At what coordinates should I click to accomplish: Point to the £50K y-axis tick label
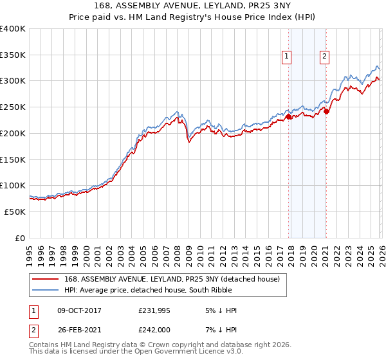pyautogui.click(x=15, y=212)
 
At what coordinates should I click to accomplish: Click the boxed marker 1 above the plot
pyautogui.click(x=287, y=57)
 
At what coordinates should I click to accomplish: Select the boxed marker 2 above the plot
pyautogui.click(x=325, y=57)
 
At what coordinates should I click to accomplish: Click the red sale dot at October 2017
pyautogui.click(x=288, y=117)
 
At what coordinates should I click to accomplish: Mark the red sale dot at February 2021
pyautogui.click(x=326, y=112)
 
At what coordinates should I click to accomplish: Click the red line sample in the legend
pyautogui.click(x=46, y=280)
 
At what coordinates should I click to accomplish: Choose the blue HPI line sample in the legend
pyautogui.click(x=46, y=291)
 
